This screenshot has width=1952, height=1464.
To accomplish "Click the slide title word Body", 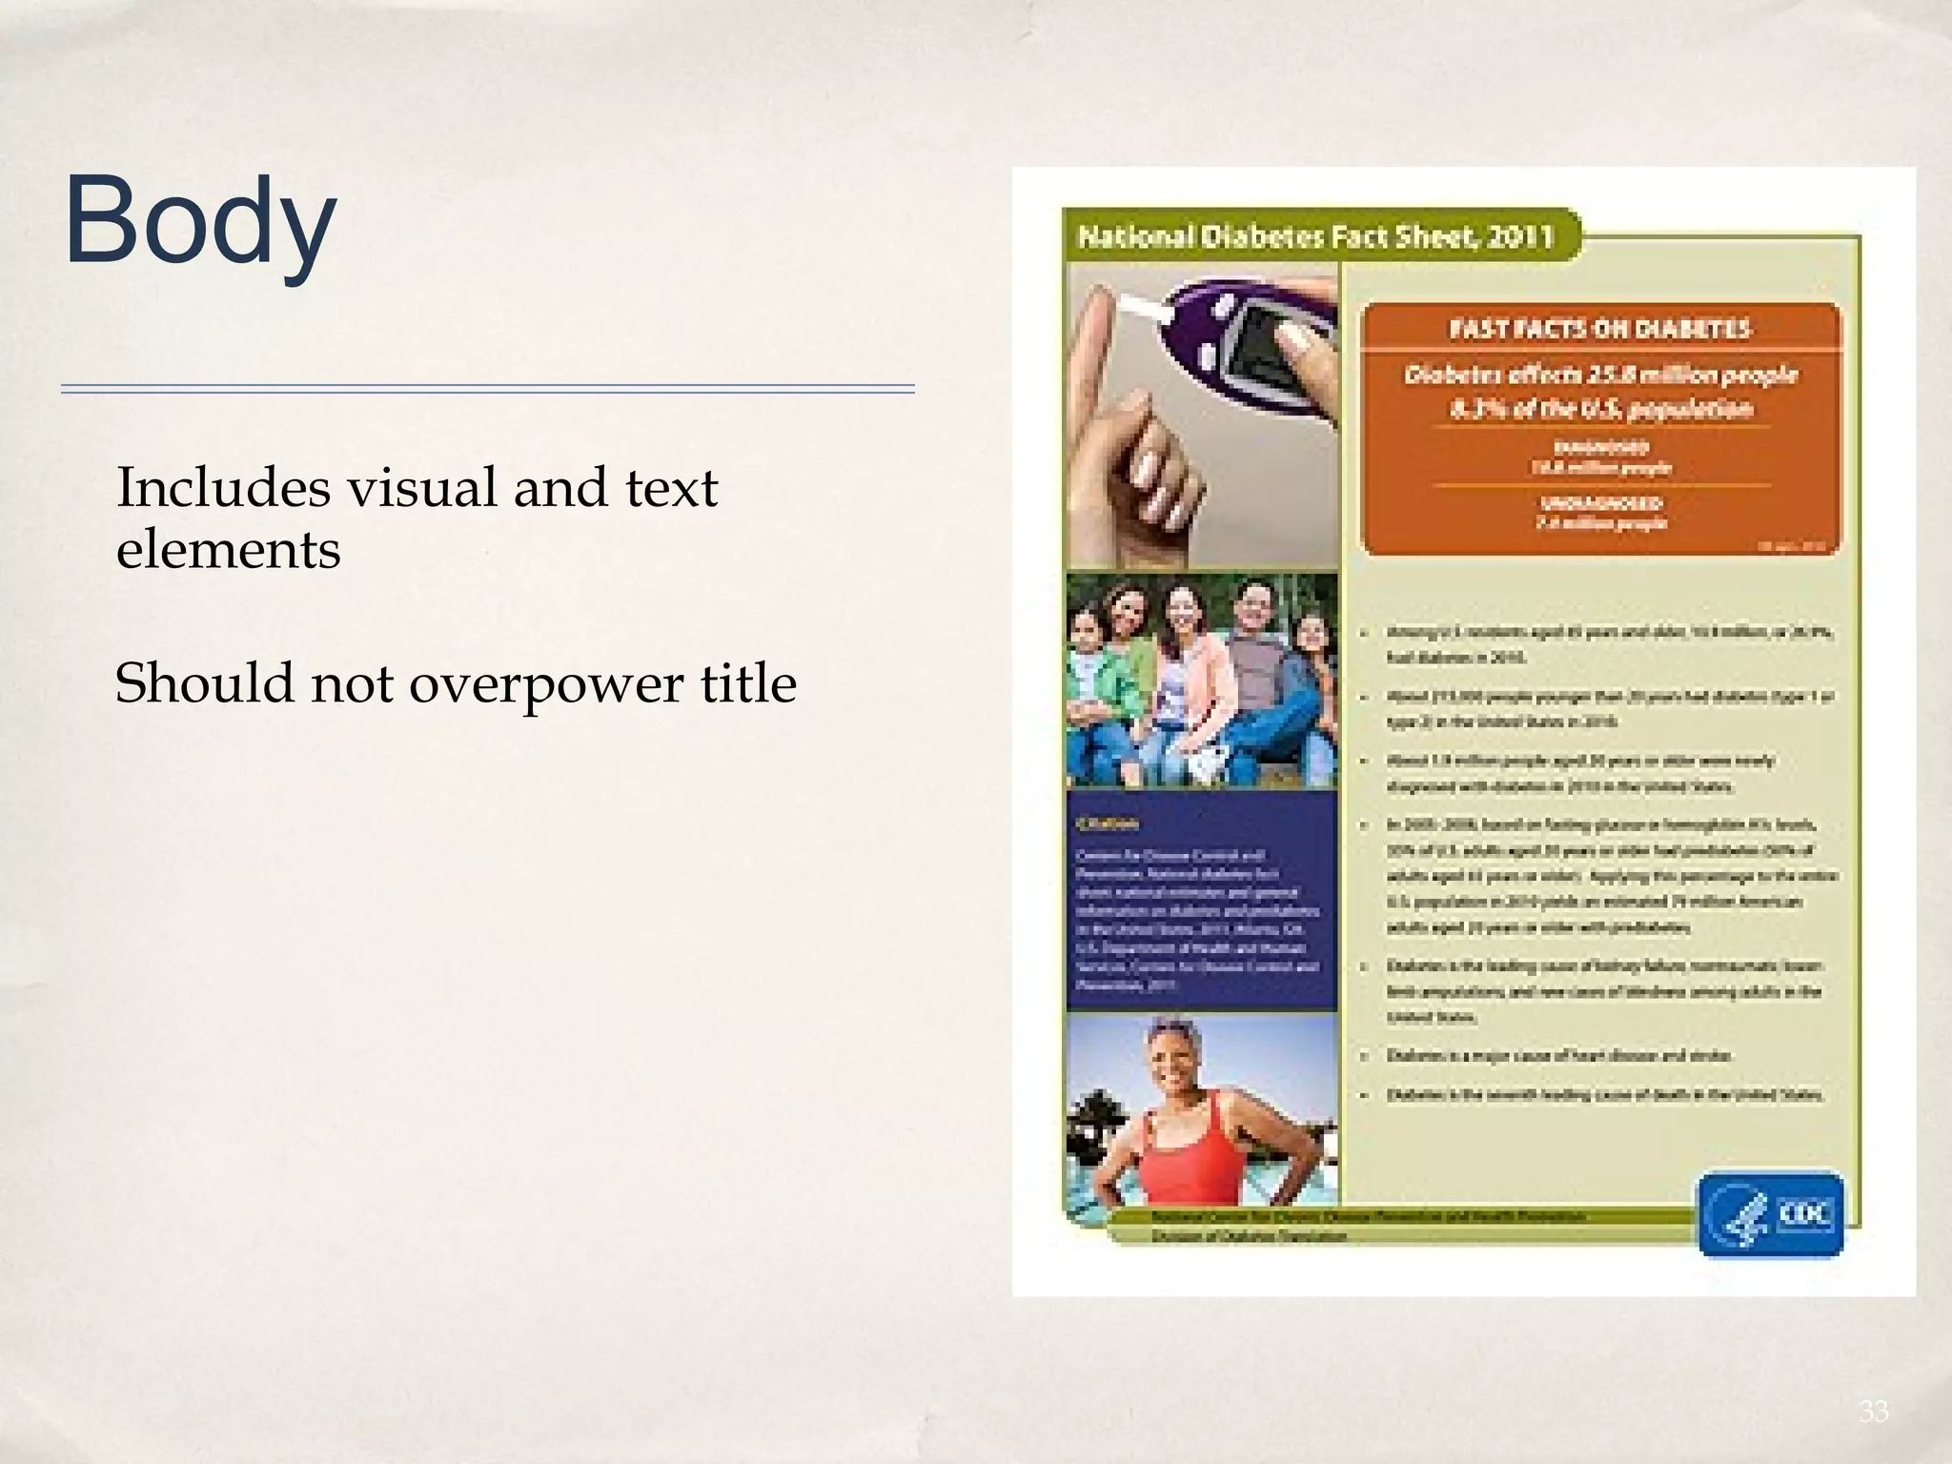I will click(199, 221).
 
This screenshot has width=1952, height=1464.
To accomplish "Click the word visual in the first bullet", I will click(420, 488).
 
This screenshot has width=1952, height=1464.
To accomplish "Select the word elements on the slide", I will click(228, 550).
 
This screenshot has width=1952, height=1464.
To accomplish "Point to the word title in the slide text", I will click(748, 683).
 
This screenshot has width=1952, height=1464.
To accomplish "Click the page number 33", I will click(1873, 1412).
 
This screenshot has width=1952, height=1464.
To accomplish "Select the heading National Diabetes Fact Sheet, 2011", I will click(1315, 236).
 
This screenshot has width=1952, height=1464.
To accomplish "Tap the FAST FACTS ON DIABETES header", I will click(1599, 329).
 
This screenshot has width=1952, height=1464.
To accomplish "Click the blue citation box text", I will click(1199, 910).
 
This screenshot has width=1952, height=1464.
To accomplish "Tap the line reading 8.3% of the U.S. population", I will click(1600, 410).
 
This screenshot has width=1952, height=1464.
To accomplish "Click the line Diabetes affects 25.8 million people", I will click(1600, 375).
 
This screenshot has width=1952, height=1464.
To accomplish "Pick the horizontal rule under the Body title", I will click(487, 389).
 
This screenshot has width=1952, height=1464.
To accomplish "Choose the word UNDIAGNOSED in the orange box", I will click(1600, 503).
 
